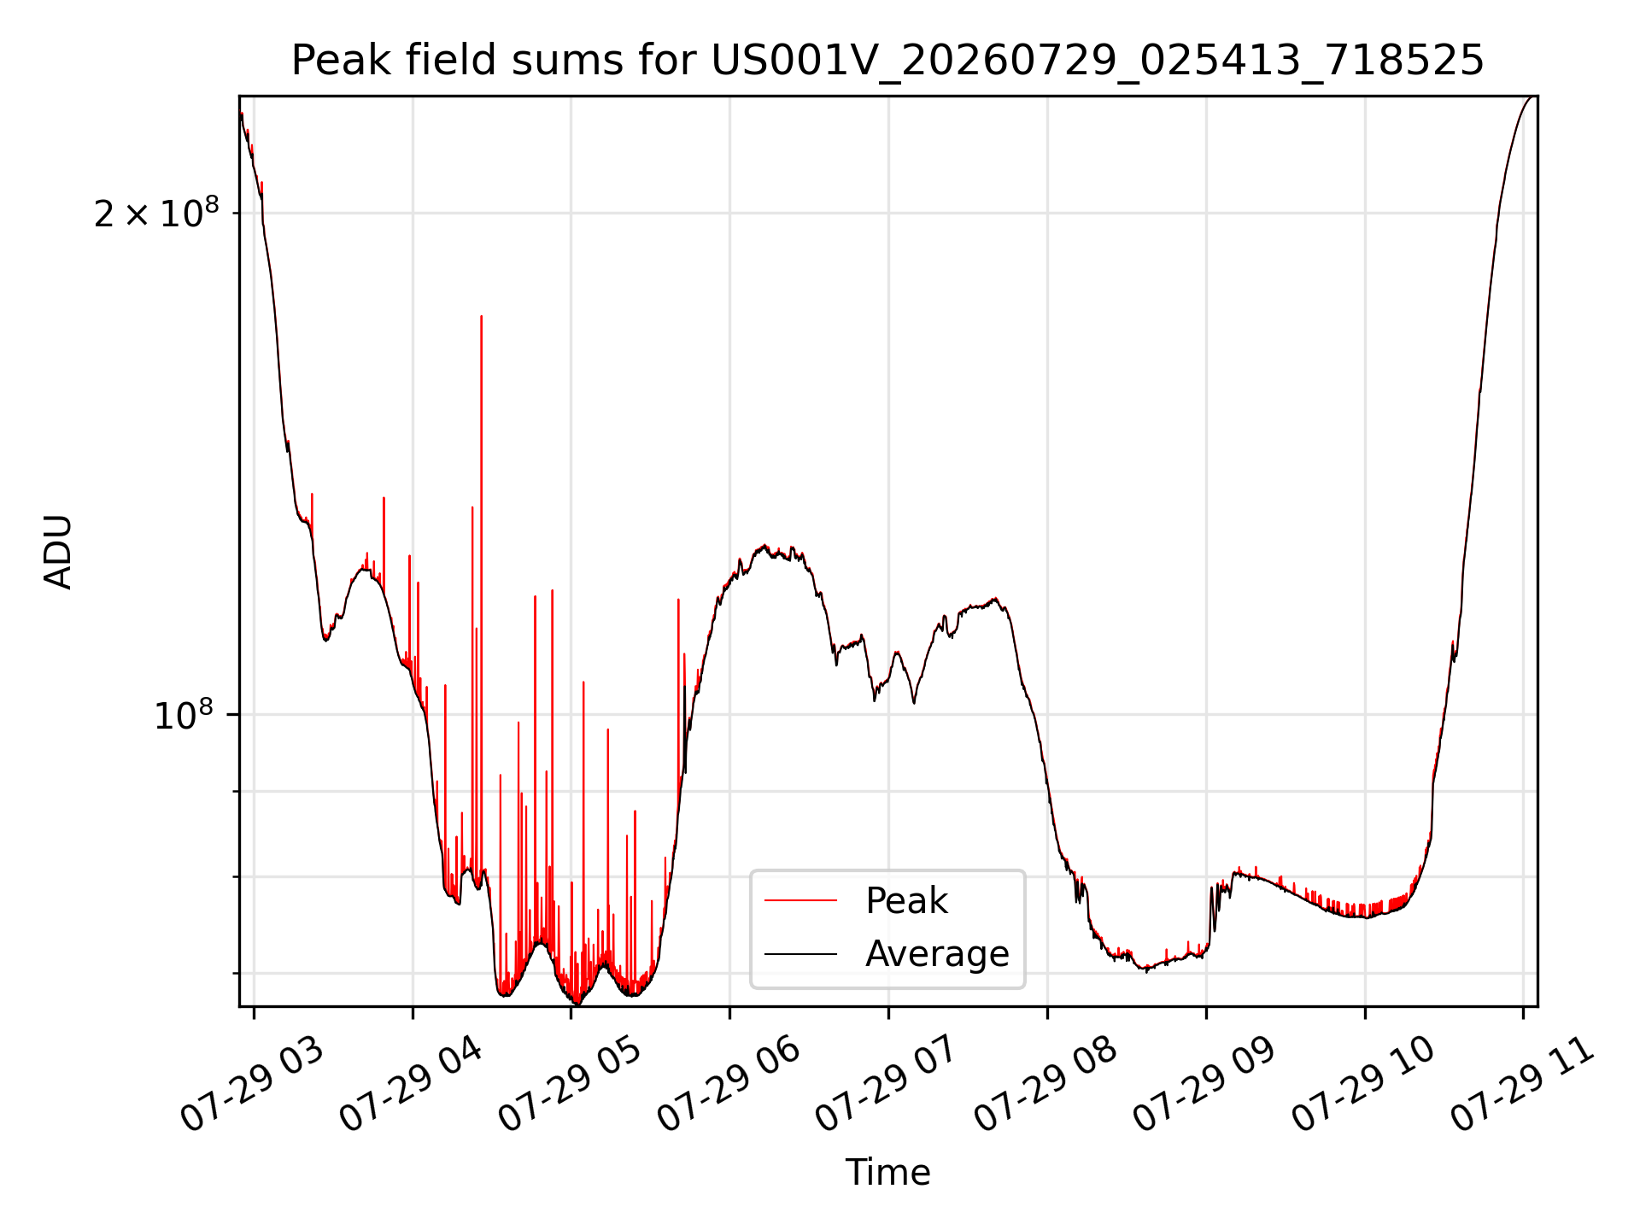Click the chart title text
[x=887, y=61]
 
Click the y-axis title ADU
[x=58, y=552]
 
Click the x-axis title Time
[x=887, y=1172]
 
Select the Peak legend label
[x=906, y=900]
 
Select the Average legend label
[x=937, y=953]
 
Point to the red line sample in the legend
[x=800, y=900]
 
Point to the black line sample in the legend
[x=800, y=953]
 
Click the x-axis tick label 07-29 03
[x=254, y=1085]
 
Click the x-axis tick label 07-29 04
[x=413, y=1085]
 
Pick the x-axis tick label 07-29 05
[x=571, y=1085]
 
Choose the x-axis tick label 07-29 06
[x=729, y=1085]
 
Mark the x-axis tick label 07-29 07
[x=888, y=1085]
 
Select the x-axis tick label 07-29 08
[x=1047, y=1085]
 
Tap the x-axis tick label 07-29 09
[x=1206, y=1085]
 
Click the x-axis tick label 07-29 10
[x=1365, y=1085]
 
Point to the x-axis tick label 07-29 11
[x=1523, y=1085]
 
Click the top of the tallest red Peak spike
[x=482, y=317]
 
